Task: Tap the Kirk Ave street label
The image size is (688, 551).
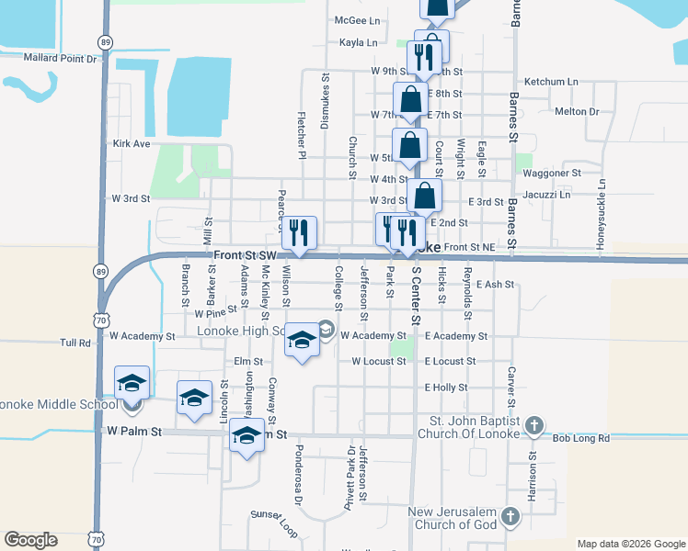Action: coord(131,144)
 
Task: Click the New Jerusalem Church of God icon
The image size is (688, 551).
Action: coord(510,519)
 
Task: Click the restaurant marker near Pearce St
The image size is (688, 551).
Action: coord(297,233)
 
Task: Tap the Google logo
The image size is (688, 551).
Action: coord(30,540)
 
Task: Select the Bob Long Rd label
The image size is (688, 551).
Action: coord(580,439)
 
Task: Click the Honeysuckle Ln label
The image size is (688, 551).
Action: coord(602,210)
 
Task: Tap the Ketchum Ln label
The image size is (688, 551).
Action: coord(551,82)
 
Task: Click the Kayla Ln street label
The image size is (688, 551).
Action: coord(359,42)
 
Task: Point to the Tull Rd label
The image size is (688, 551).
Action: coord(76,343)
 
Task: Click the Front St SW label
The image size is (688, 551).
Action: coord(243,254)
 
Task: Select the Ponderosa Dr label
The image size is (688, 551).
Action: coord(297,477)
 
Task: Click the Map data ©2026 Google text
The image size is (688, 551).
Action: coord(630,544)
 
